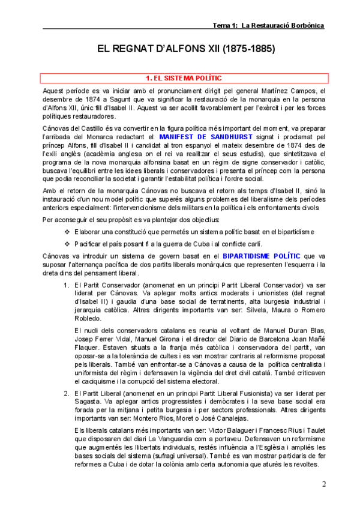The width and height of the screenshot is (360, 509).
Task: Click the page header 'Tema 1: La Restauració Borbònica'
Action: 268,25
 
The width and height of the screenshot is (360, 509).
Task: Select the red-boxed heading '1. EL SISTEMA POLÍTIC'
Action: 184,78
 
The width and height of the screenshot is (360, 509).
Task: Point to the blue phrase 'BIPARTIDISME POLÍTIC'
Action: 262,256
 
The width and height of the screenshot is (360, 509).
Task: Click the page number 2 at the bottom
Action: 324,484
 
